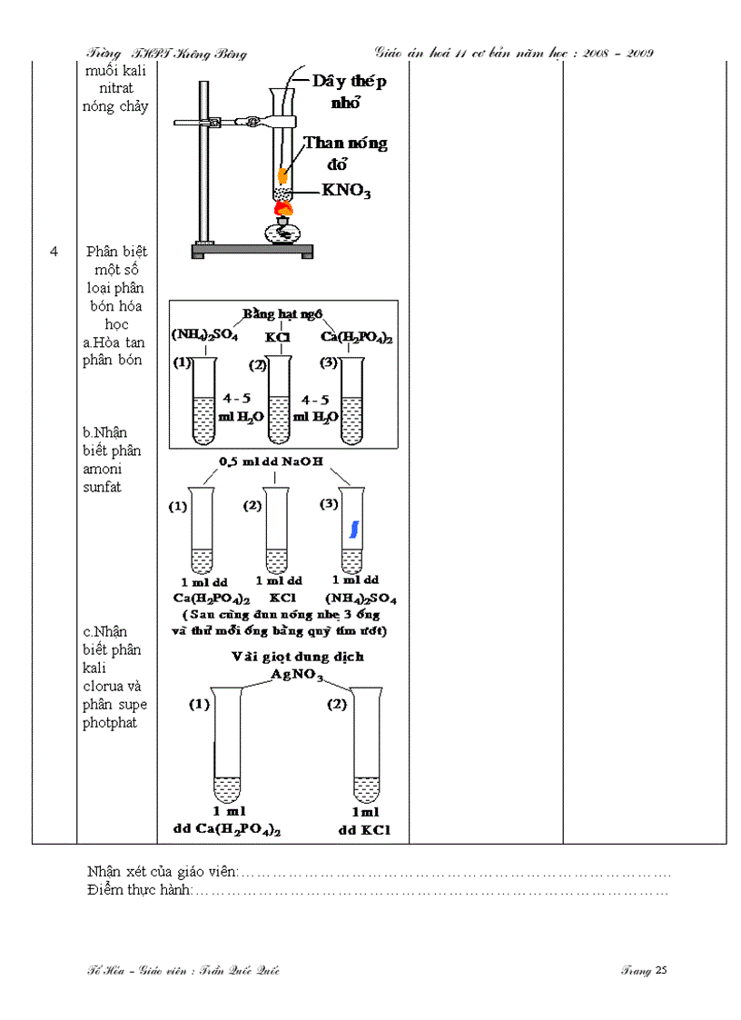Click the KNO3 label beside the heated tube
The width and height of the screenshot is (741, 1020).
[346, 191]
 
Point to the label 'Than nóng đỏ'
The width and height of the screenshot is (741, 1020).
[345, 153]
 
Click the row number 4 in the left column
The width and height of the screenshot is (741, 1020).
[54, 252]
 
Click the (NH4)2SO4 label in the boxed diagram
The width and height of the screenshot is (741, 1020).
[204, 336]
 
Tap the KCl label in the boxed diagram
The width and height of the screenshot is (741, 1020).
[277, 337]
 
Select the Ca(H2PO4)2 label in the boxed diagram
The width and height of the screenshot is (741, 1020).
[357, 337]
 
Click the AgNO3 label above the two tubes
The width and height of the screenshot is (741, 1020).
[284, 674]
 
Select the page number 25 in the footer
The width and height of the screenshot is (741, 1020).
[661, 970]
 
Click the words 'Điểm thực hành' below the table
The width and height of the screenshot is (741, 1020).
[139, 891]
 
